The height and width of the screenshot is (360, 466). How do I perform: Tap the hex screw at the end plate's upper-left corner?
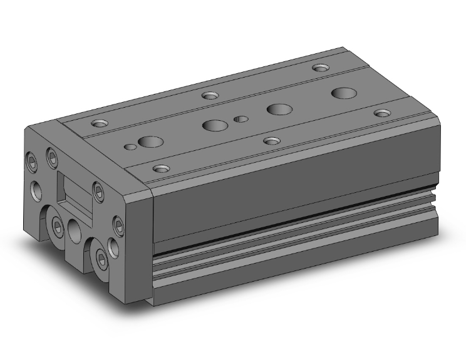tap(51, 154)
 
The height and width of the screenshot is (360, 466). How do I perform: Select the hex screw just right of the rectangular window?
tap(97, 190)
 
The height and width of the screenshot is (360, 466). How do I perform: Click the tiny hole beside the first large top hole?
tap(130, 147)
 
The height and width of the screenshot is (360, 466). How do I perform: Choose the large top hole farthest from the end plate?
tap(342, 93)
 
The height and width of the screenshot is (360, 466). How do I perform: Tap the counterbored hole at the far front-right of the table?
tap(381, 113)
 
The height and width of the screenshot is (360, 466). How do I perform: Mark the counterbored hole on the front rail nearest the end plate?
tap(162, 168)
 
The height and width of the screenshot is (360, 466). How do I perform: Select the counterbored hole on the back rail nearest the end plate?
tap(100, 123)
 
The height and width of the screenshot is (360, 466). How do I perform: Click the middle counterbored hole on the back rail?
tap(209, 96)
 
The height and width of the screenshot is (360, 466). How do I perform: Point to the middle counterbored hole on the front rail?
tap(271, 140)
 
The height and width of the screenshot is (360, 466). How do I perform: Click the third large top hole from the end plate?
tap(277, 109)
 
